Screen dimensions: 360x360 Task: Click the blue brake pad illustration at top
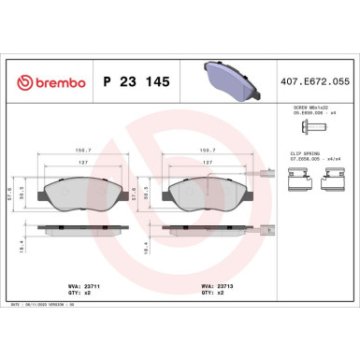230,81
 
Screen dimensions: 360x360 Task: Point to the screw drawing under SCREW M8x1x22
310,128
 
